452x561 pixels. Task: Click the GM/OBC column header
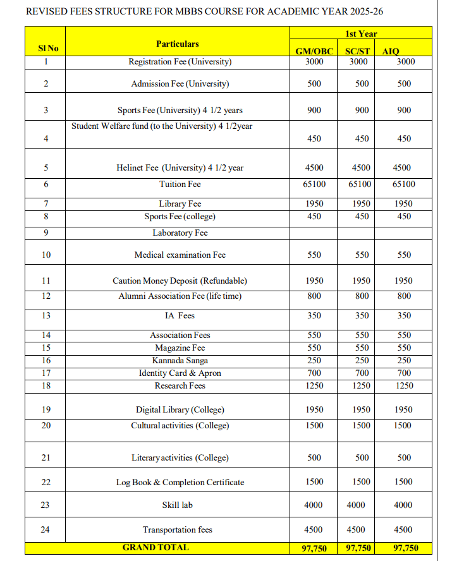314,52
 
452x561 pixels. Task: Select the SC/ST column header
357,52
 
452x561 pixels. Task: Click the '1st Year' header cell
361,33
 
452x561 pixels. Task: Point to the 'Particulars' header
177,44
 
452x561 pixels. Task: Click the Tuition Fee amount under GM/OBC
314,184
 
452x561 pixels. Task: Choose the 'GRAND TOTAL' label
156,548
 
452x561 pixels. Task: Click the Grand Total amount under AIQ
405,548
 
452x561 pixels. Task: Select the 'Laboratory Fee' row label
180,233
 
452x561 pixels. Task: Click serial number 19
46,410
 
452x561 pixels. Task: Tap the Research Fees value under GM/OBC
314,386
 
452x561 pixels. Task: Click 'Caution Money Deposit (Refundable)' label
180,281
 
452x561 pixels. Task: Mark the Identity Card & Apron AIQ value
404,373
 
